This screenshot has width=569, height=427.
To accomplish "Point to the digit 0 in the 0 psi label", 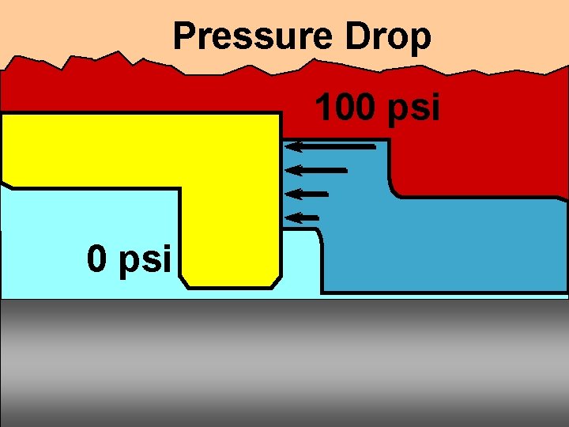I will point(98,258).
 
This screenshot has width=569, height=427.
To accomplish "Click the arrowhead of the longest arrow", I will point(291,146).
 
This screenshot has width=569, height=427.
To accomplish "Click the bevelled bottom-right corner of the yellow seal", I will point(275,281).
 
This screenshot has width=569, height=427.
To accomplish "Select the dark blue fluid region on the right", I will point(443,245).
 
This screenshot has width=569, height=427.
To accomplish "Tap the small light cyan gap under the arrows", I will point(300,261).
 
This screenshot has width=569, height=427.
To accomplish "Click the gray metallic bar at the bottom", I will point(284,364).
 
